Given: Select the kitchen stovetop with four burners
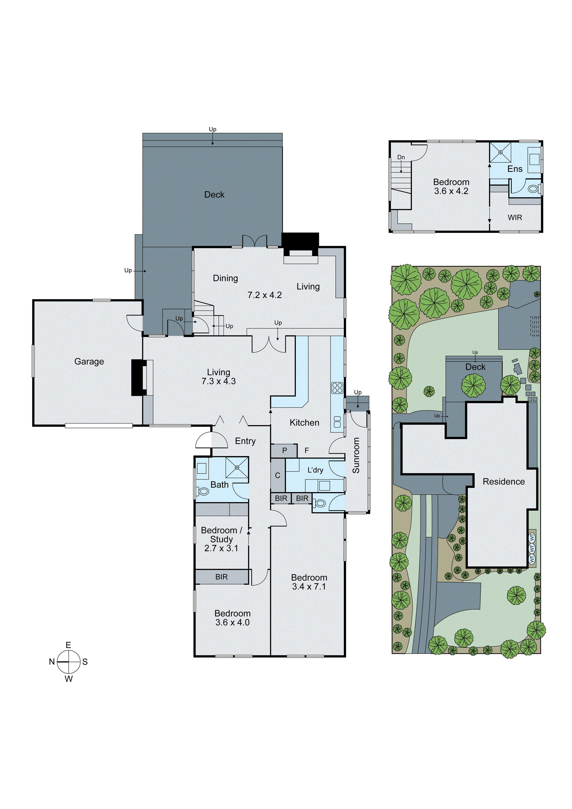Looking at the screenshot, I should pos(337,388).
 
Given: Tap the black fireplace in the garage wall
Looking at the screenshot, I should pos(139,377).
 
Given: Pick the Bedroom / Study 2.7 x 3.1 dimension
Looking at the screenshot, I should pos(221,548).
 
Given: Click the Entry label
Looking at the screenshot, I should pos(245,441).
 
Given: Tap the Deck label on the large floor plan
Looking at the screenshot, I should pos(214,194).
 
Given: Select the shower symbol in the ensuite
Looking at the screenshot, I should pos(500,152).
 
